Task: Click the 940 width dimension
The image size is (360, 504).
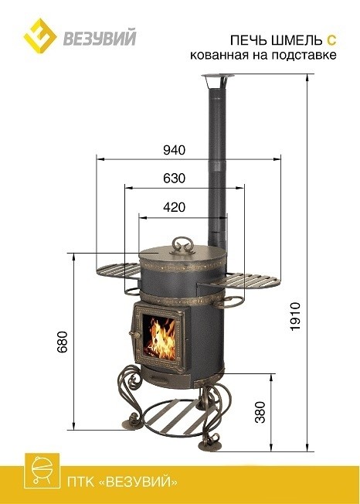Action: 174,150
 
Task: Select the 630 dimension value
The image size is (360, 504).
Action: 174,178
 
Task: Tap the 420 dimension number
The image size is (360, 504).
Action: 174,207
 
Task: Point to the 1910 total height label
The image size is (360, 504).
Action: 295,316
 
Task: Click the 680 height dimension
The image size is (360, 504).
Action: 63,342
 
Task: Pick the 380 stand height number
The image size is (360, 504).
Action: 260,412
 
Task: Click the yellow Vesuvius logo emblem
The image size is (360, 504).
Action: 40,36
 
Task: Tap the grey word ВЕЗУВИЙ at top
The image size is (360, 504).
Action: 100,38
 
